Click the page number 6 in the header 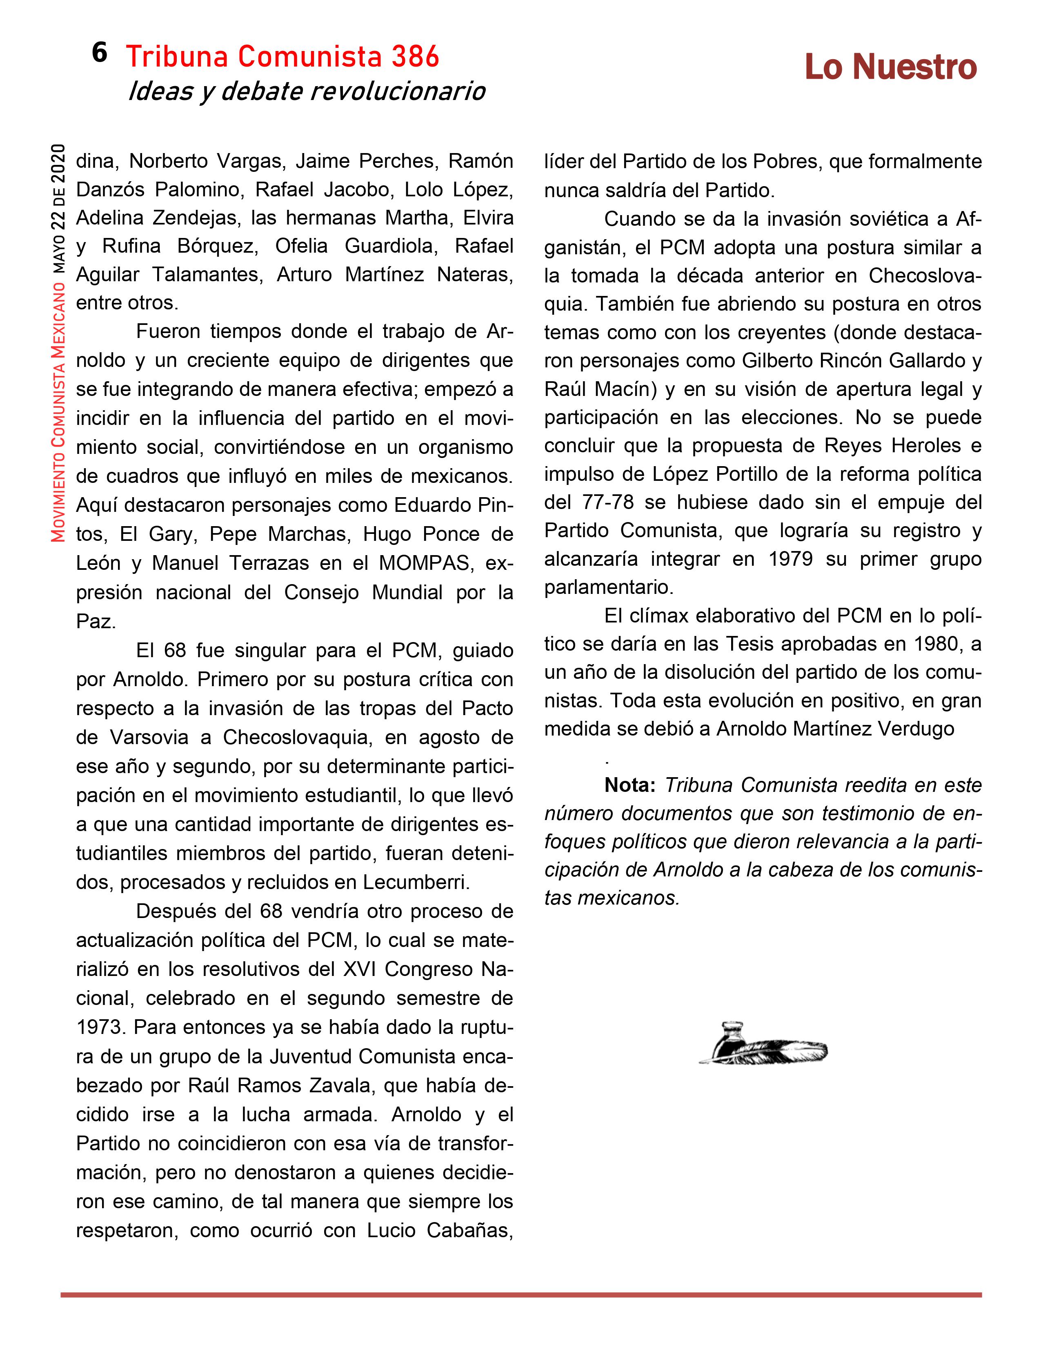99,53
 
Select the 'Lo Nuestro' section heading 890,67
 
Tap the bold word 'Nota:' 629,785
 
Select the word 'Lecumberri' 416,882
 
